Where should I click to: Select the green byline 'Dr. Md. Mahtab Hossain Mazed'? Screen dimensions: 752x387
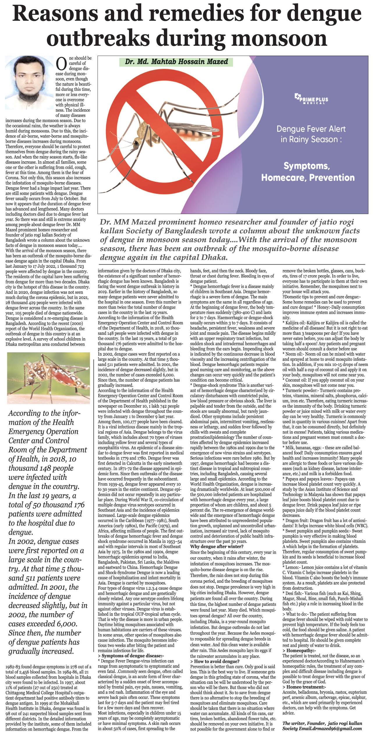176,62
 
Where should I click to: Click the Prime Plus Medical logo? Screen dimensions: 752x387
311,99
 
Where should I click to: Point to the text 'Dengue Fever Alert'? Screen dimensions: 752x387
311,129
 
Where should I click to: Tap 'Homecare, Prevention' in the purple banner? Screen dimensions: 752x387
308,177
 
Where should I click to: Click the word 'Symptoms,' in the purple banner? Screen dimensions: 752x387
307,166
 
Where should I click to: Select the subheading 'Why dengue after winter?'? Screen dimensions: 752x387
217,547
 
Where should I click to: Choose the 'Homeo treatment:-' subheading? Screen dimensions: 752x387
306,687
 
